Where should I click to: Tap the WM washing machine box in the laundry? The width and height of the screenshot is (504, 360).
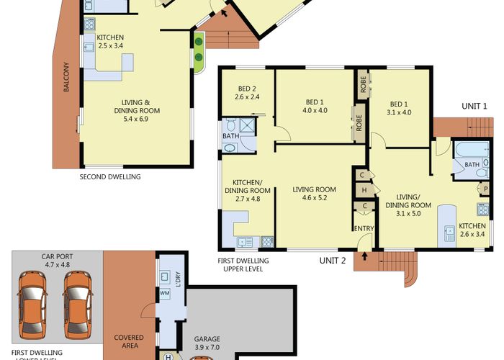[165, 293]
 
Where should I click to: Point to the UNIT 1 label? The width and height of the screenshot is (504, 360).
[474, 107]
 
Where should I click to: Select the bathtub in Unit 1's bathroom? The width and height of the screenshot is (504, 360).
[472, 150]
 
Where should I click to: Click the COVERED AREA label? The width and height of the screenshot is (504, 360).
[129, 342]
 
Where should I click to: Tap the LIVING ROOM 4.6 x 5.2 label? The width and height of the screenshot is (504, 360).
[315, 194]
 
